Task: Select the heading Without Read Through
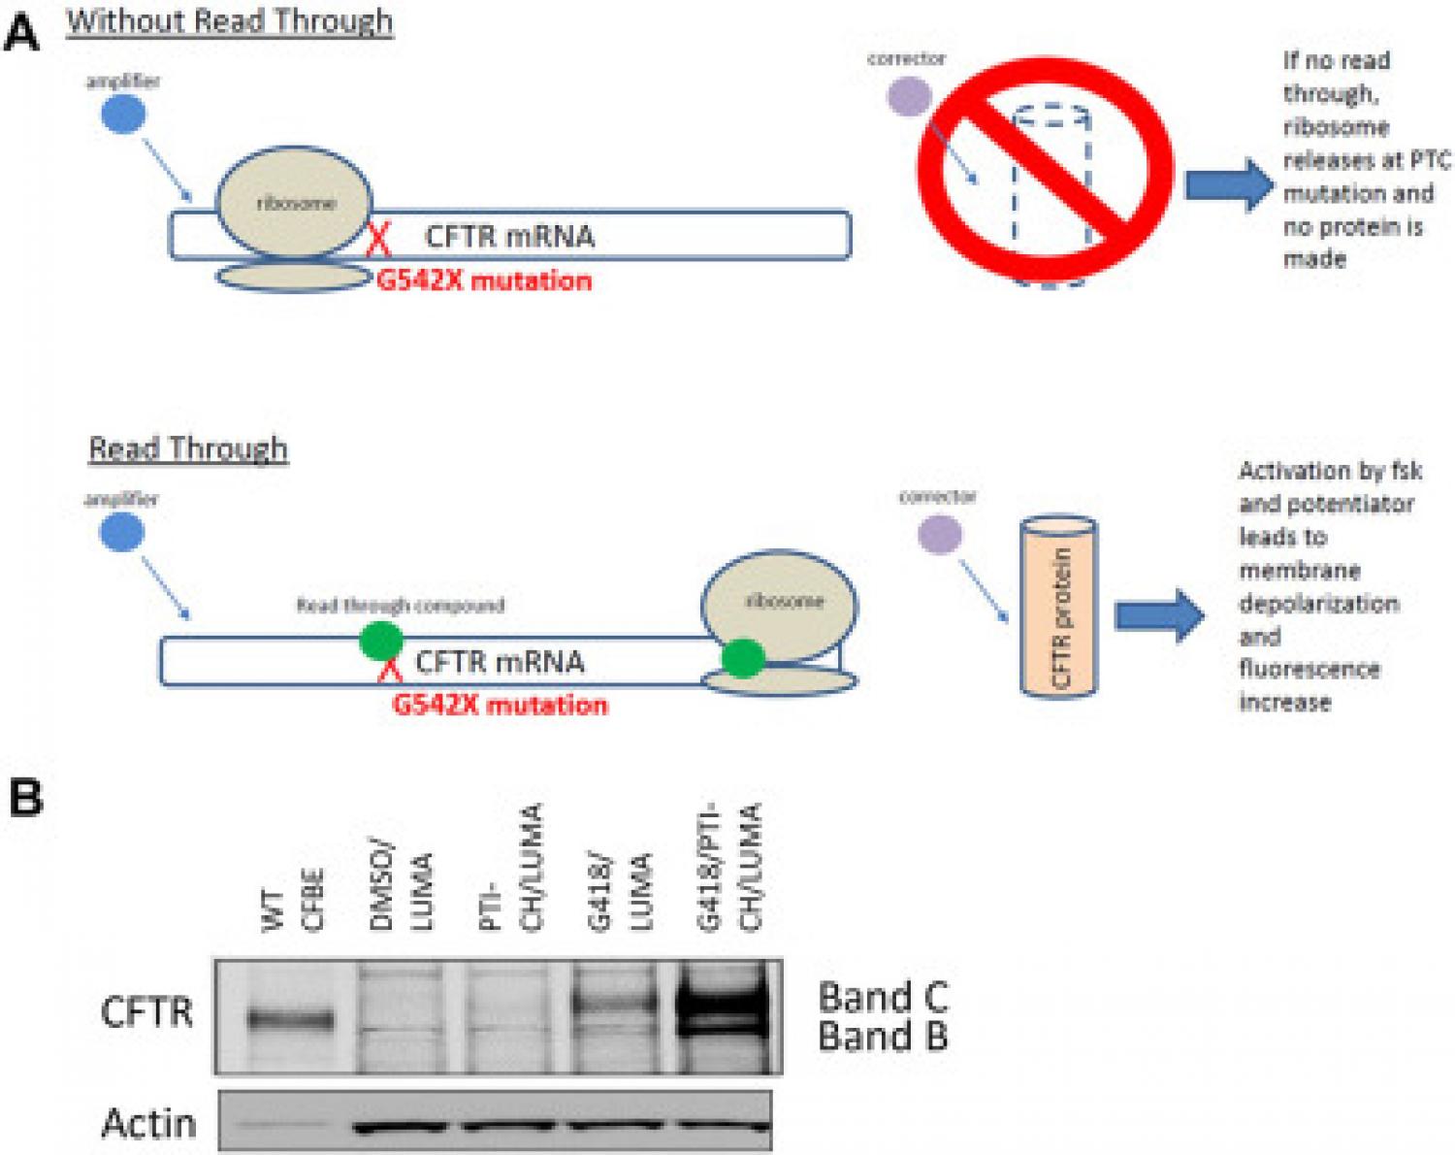click(x=230, y=21)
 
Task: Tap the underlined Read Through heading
click(x=188, y=448)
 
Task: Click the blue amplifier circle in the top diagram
click(x=124, y=115)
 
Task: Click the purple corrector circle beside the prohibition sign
click(x=910, y=97)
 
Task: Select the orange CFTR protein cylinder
click(x=1058, y=608)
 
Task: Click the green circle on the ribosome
click(x=743, y=657)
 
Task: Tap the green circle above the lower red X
click(x=381, y=642)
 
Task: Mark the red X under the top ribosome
click(x=378, y=240)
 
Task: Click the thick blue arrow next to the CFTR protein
click(x=1159, y=615)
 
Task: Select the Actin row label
click(x=148, y=1123)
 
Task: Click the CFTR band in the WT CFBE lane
click(x=291, y=1020)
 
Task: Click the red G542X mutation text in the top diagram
click(x=484, y=280)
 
